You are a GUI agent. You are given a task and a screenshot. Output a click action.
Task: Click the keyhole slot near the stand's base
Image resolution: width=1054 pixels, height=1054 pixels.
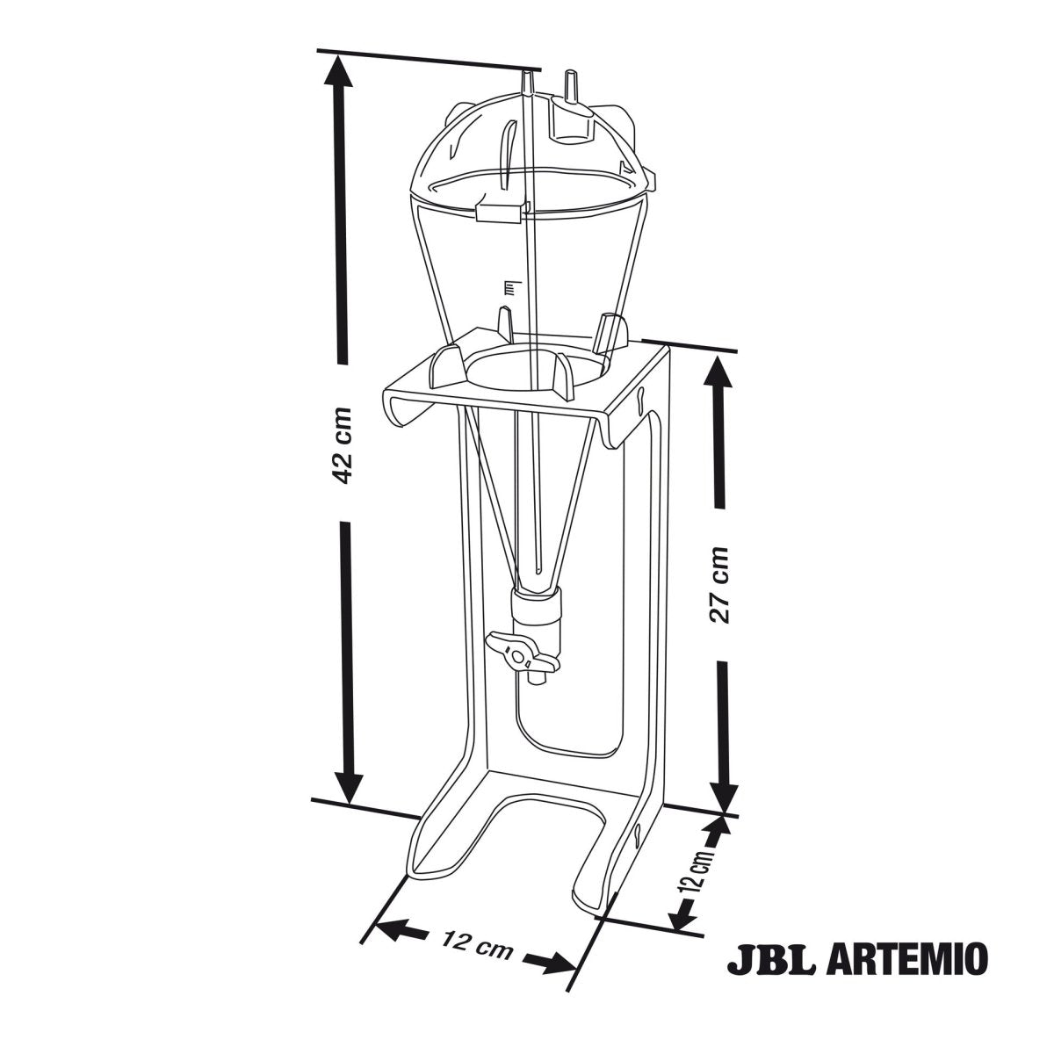point(635,837)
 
